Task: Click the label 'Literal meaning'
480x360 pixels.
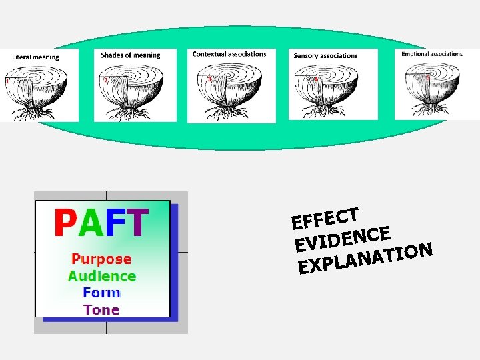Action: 35,57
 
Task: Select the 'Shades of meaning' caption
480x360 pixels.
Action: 131,55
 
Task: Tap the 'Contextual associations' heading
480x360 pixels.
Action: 229,54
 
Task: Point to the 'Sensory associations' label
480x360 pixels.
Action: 325,56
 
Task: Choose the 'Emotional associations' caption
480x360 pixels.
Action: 432,54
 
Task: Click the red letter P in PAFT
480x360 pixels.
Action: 67,224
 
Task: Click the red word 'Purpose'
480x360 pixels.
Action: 101,259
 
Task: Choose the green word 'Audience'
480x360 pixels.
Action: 101,276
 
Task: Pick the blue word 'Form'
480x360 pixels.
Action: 101,293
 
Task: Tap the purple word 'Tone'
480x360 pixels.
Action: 101,309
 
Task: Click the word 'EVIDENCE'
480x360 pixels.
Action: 342,239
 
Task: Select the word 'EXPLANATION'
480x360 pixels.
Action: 366,259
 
